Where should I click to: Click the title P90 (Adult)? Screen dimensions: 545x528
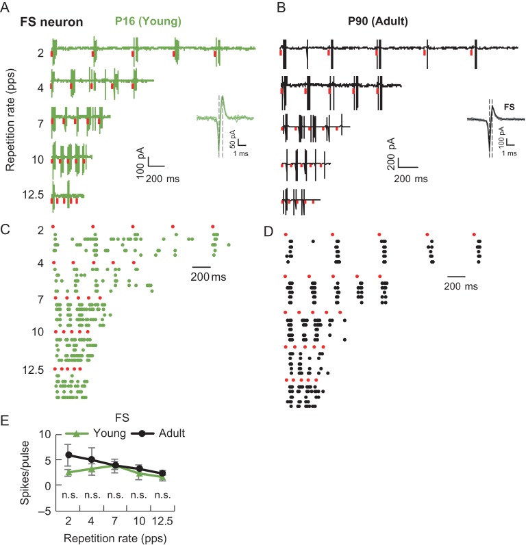tap(377, 22)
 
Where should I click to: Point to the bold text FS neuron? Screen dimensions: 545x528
tap(51, 22)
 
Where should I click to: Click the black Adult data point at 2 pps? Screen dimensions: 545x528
tap(68, 455)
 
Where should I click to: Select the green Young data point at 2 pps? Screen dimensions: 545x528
tap(68, 472)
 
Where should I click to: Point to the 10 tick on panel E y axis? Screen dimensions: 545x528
tap(47, 435)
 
